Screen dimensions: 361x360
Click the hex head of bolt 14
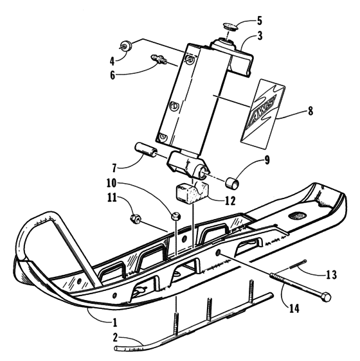coord(327,297)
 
